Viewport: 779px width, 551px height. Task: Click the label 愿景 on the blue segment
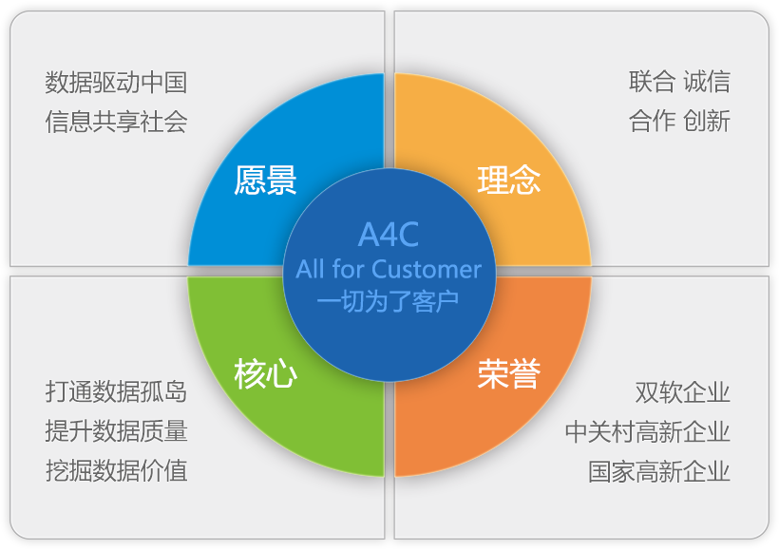(266, 180)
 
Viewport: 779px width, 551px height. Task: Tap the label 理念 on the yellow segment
(509, 180)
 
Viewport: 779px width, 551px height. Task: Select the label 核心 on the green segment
(266, 373)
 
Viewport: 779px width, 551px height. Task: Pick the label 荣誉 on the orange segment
(509, 373)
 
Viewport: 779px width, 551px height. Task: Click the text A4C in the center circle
(389, 236)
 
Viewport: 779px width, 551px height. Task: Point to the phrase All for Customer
(389, 269)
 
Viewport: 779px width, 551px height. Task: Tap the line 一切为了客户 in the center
(389, 300)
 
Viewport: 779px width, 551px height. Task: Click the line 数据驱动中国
(116, 82)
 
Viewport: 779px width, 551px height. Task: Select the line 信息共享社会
(116, 122)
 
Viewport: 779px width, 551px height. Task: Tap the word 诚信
(707, 82)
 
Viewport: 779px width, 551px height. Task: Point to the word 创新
(707, 122)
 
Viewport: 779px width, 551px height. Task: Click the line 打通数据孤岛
(116, 391)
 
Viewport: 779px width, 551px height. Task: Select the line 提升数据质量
(116, 430)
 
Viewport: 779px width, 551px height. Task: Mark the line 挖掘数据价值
(116, 470)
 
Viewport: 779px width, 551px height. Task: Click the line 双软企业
(683, 391)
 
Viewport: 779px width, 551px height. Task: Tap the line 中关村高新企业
(648, 430)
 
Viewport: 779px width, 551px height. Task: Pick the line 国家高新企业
(659, 470)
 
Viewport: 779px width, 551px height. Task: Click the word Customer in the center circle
(427, 269)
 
